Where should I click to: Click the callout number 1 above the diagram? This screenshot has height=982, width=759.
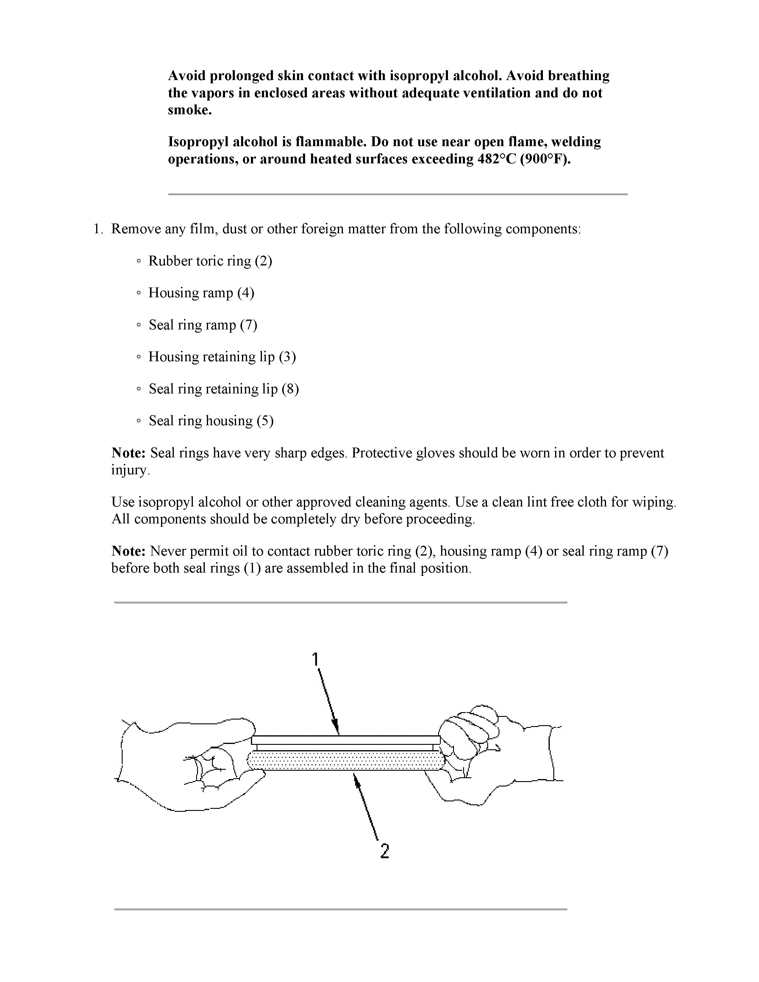[x=316, y=659]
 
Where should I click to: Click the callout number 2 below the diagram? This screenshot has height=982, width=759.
[x=385, y=851]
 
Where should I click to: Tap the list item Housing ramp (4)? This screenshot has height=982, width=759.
[x=201, y=293]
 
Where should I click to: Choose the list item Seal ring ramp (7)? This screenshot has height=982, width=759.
[x=203, y=325]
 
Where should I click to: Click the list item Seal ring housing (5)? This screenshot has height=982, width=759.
[x=211, y=421]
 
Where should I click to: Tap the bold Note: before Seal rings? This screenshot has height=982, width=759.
[x=128, y=453]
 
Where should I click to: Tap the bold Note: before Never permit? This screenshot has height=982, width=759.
[x=128, y=551]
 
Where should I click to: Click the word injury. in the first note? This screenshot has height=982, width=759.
[x=130, y=470]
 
